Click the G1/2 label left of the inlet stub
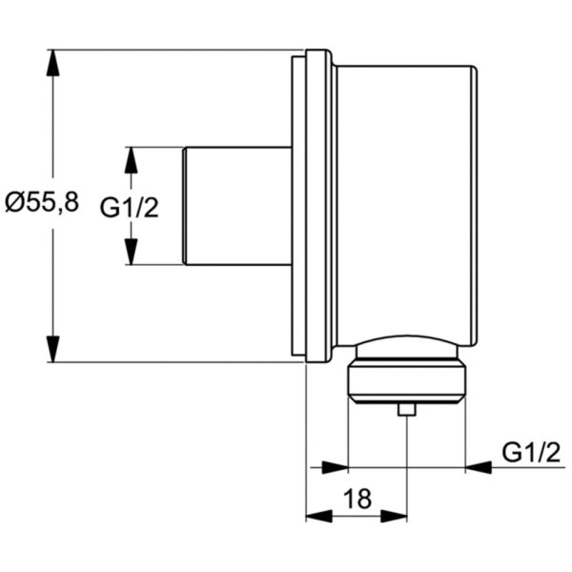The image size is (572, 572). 130,207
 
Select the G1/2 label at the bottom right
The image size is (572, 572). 530,453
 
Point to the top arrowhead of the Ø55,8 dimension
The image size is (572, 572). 54,59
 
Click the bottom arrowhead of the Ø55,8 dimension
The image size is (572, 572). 54,349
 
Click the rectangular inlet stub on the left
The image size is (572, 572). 235,205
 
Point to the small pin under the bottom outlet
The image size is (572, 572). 407,411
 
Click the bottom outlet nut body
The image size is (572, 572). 405,380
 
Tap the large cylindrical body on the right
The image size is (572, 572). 405,200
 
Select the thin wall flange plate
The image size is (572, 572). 296,205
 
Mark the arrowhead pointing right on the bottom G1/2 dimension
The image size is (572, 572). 336,467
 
